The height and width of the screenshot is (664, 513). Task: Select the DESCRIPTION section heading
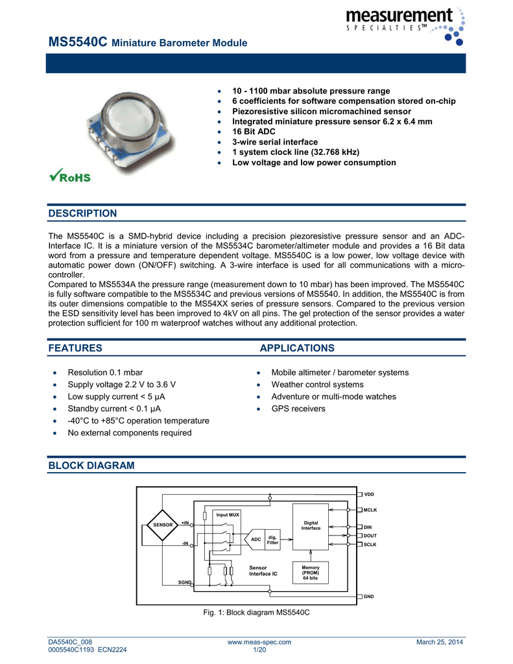point(83,213)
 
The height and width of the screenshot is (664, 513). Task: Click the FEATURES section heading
point(75,348)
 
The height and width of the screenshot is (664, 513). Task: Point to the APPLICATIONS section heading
point(297,348)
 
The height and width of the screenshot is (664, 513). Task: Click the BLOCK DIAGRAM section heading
point(91,466)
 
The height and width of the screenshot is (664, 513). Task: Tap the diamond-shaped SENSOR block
point(163,525)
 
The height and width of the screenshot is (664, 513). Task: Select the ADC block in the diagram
point(256,539)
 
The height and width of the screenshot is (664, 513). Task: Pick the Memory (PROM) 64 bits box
point(310,572)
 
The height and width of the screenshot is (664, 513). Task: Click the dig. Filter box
point(272,539)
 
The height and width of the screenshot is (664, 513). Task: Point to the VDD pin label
point(368,495)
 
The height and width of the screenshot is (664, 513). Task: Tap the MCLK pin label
point(370,510)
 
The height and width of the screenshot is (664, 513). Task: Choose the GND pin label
point(368,596)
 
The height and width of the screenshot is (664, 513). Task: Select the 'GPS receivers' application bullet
point(298,409)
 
